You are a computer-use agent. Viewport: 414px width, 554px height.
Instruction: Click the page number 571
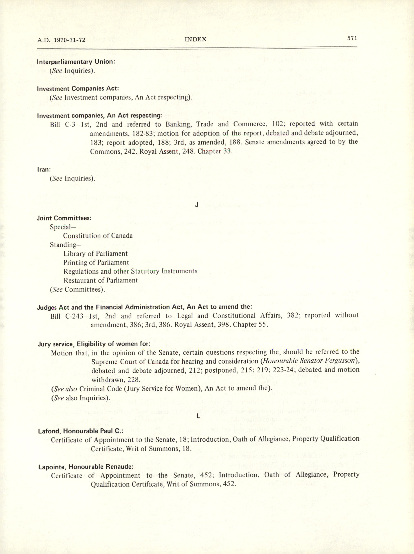point(352,38)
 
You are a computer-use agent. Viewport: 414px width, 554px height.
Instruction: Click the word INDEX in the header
point(195,39)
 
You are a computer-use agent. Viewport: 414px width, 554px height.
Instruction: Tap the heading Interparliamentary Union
point(76,62)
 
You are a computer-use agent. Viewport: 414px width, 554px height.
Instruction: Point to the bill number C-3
point(70,124)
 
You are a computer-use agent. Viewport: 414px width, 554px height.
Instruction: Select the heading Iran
point(44,169)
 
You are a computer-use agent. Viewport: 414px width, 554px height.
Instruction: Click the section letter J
point(197,205)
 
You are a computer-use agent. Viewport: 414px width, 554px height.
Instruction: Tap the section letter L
point(198,416)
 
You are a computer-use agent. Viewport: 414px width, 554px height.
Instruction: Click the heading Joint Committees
point(64,218)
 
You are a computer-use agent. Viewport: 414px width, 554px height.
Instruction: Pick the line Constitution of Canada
point(98,236)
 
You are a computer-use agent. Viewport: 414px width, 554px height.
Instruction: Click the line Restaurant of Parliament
point(100,280)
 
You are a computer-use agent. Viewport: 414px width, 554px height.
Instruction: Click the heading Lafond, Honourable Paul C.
point(80,431)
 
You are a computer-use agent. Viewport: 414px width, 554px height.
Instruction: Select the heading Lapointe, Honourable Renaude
point(86,467)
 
